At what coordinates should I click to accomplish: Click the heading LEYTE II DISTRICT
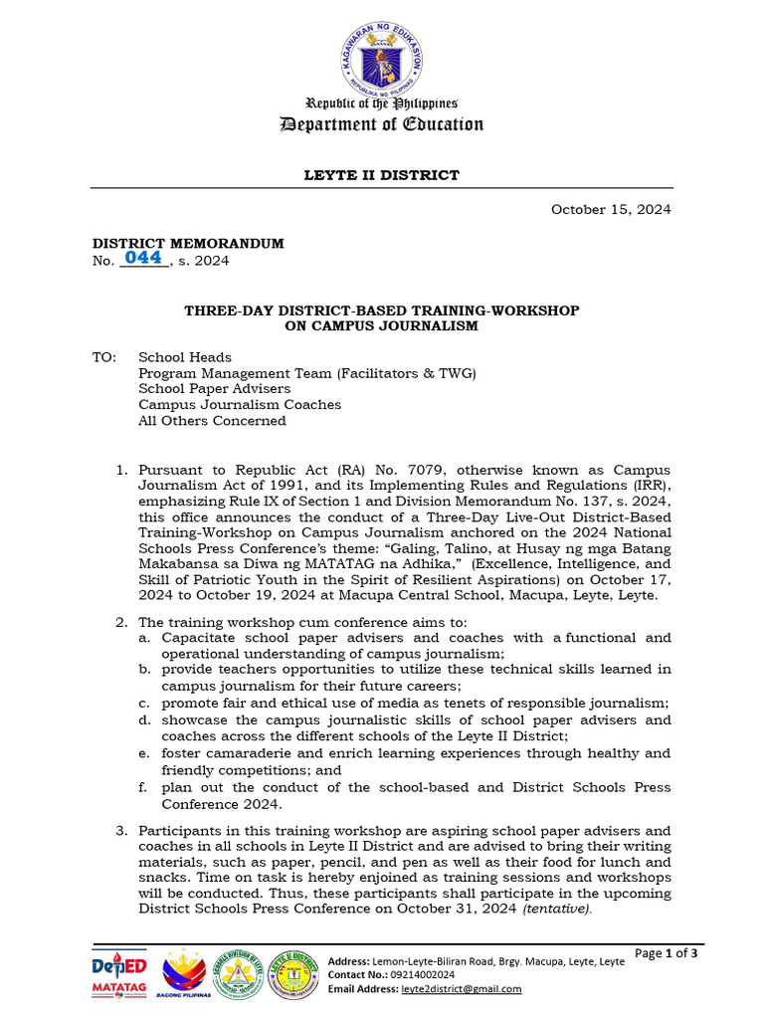tap(381, 175)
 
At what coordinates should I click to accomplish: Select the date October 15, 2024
tap(611, 209)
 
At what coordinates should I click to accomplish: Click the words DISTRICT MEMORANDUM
tap(188, 243)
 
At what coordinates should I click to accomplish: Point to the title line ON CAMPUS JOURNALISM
tap(381, 325)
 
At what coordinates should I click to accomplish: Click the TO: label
tap(104, 357)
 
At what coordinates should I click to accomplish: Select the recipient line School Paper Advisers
tap(214, 389)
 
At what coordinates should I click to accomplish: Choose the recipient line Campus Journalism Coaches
tap(239, 405)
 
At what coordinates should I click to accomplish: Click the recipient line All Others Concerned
tap(212, 421)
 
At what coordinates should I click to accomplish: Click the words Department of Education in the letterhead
tap(381, 124)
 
